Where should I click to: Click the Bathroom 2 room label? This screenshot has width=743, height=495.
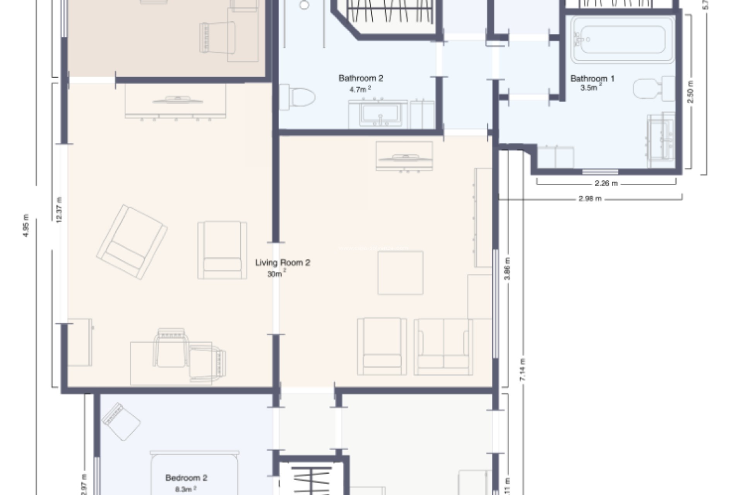[x=361, y=78]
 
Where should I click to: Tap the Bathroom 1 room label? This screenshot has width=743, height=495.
[x=592, y=79]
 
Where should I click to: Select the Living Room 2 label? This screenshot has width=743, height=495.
[x=282, y=263]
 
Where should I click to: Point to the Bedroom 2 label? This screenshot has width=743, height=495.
[x=186, y=478]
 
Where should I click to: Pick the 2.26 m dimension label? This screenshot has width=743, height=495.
[x=606, y=183]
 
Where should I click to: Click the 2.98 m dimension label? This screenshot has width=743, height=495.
[x=590, y=199]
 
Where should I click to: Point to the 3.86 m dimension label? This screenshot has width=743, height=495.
[x=507, y=269]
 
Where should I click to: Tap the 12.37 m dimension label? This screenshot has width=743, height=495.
[x=59, y=210]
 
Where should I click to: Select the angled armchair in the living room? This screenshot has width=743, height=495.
[x=132, y=242]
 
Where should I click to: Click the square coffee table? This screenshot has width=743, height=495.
[x=401, y=273]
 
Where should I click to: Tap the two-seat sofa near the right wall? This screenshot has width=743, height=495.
[x=443, y=347]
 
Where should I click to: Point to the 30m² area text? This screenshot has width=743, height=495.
[x=276, y=274]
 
